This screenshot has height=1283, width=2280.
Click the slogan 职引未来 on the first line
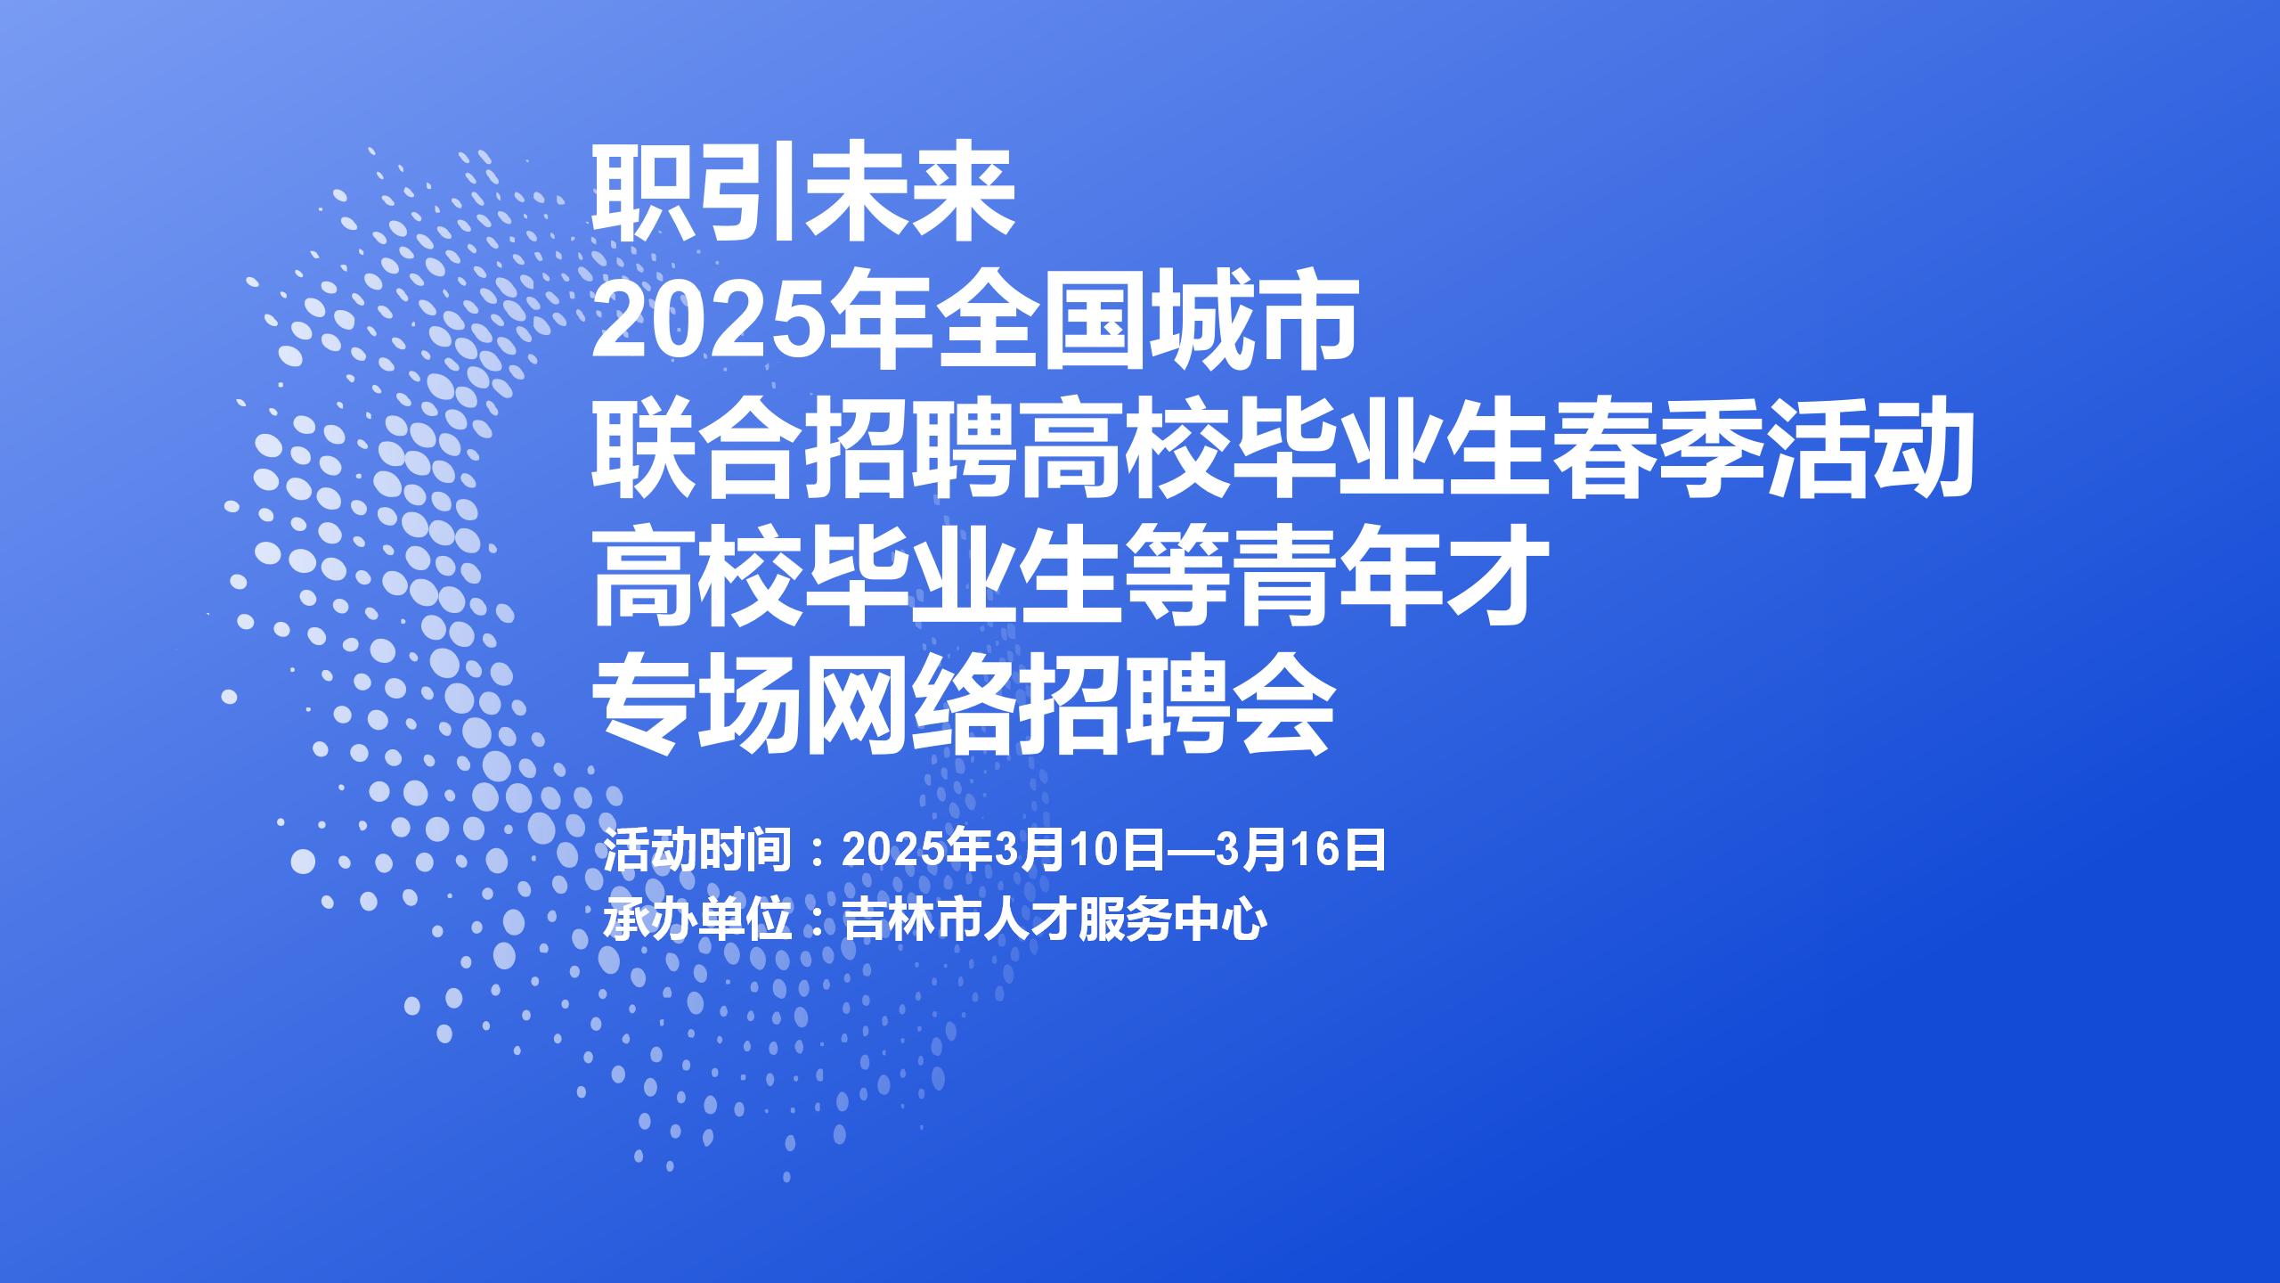(x=804, y=196)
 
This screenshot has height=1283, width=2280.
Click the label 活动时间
(x=698, y=850)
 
